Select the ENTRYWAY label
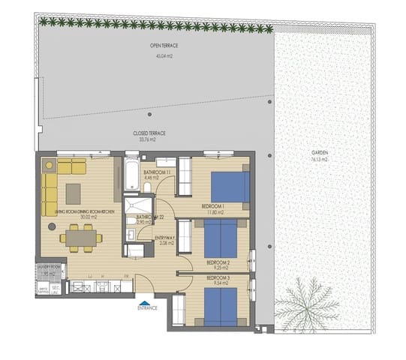tap(164, 238)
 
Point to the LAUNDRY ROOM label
tap(49, 267)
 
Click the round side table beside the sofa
tap(49, 163)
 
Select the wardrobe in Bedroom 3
tap(179, 309)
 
